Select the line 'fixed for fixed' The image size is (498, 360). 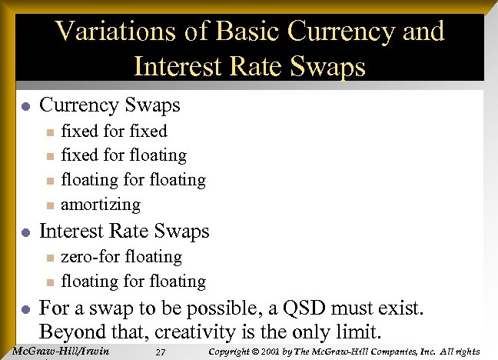(114, 131)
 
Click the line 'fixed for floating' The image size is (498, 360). (124, 155)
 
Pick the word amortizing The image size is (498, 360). (101, 205)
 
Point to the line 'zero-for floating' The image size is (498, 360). (121, 256)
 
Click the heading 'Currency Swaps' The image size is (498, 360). (109, 105)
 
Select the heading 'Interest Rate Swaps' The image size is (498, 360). (124, 231)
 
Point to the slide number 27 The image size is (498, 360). (161, 352)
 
